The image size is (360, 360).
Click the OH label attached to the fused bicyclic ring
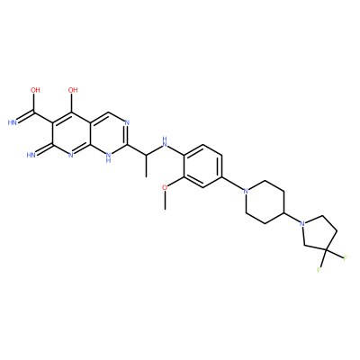tap(73, 90)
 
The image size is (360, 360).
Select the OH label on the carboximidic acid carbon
tap(35, 90)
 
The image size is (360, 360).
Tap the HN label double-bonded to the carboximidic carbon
tap(12, 122)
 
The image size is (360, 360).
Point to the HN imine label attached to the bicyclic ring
tap(31, 155)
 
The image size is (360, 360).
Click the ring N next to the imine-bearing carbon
tap(71, 155)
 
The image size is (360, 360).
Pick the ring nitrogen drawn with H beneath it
tap(108, 157)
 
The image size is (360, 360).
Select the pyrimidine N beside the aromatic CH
tap(127, 122)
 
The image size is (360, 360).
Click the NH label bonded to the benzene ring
tap(165, 141)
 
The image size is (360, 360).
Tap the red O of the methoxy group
tap(165, 187)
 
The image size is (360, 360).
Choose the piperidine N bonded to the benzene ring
tap(246, 190)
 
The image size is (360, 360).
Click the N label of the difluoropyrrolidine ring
tap(302, 223)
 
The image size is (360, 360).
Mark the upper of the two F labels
tap(345, 258)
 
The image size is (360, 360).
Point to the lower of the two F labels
tap(319, 270)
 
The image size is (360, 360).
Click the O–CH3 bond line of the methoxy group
tap(165, 201)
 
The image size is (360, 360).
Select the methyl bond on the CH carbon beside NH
tap(146, 166)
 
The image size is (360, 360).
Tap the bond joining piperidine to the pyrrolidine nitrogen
tap(292, 218)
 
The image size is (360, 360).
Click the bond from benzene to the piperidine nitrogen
tap(232, 183)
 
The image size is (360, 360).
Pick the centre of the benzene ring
tap(202, 166)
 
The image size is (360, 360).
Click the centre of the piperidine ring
tap(265, 202)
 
